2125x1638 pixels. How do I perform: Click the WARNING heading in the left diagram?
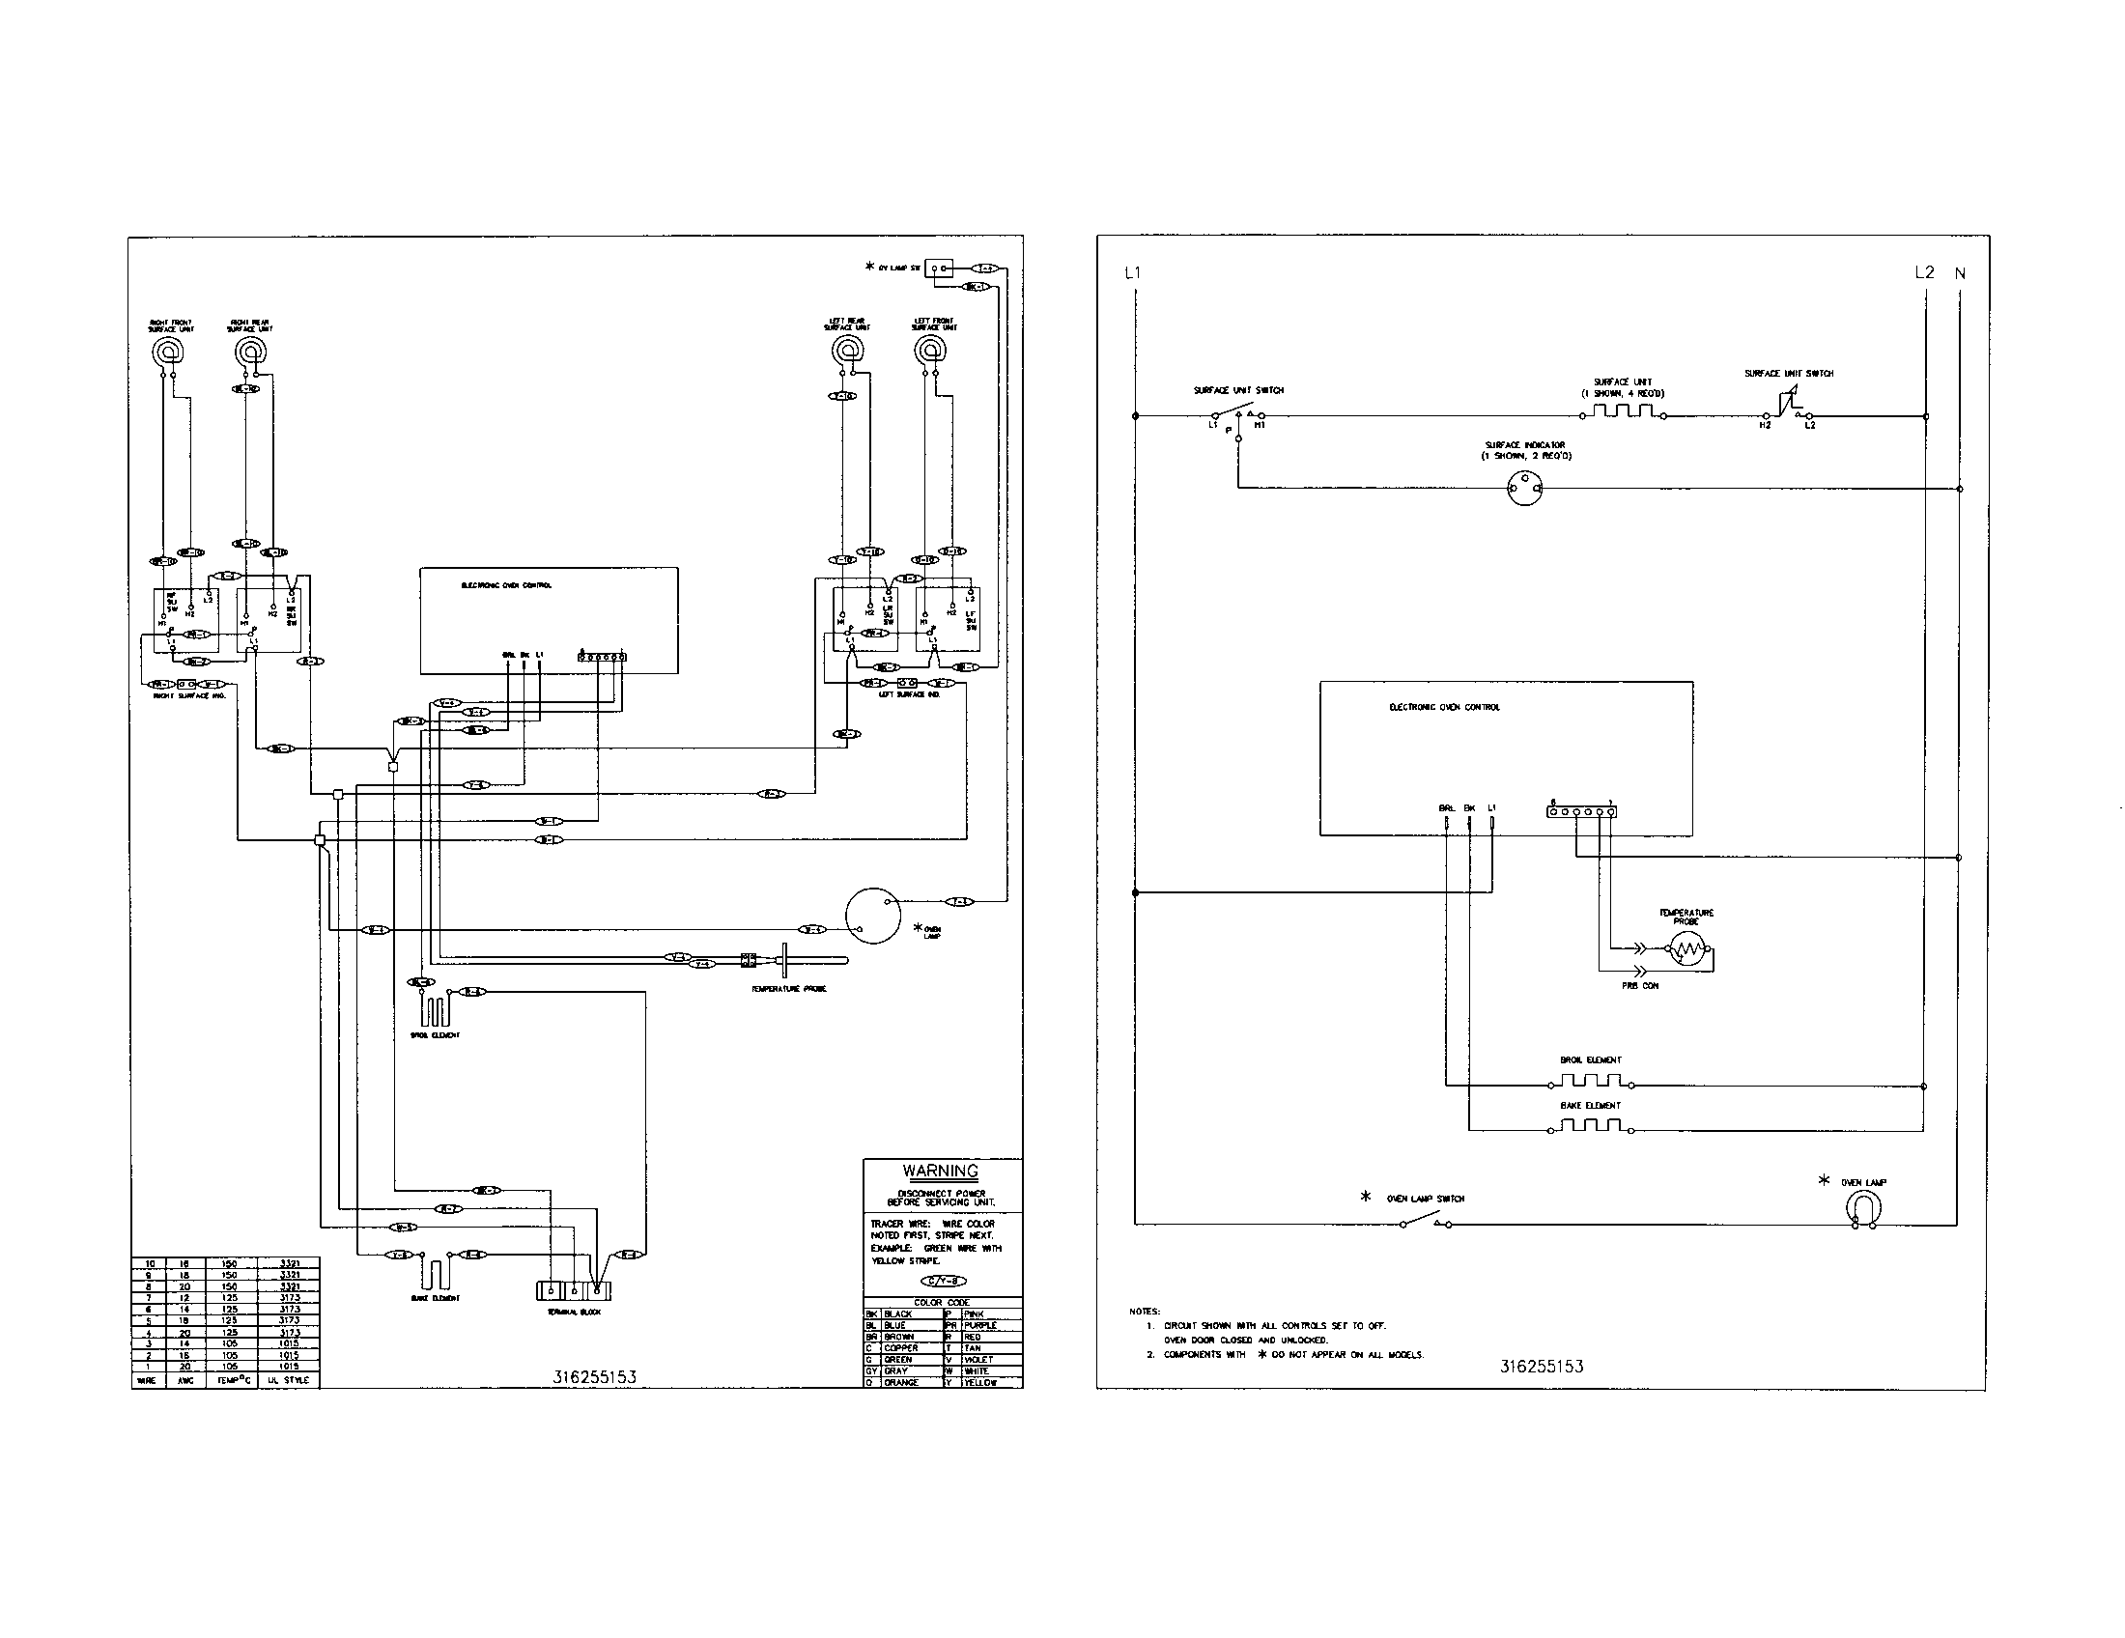[940, 1172]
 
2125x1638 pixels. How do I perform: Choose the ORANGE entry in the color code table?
[901, 1382]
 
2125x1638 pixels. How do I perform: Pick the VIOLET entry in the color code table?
[977, 1360]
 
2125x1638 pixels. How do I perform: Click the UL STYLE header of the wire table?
[289, 1380]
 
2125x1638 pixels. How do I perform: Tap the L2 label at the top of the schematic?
[1923, 272]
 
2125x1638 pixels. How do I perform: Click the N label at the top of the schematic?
[1960, 273]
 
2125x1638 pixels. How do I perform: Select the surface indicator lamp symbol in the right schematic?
[1524, 489]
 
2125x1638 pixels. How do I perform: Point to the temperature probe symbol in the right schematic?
[1688, 949]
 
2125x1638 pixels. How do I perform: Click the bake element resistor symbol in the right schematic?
[1591, 1125]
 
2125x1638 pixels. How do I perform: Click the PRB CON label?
[1639, 986]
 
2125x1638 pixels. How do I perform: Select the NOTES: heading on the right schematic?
[1145, 1312]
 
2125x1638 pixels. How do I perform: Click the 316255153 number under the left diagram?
[594, 1376]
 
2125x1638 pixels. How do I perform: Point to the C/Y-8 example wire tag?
[943, 1281]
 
